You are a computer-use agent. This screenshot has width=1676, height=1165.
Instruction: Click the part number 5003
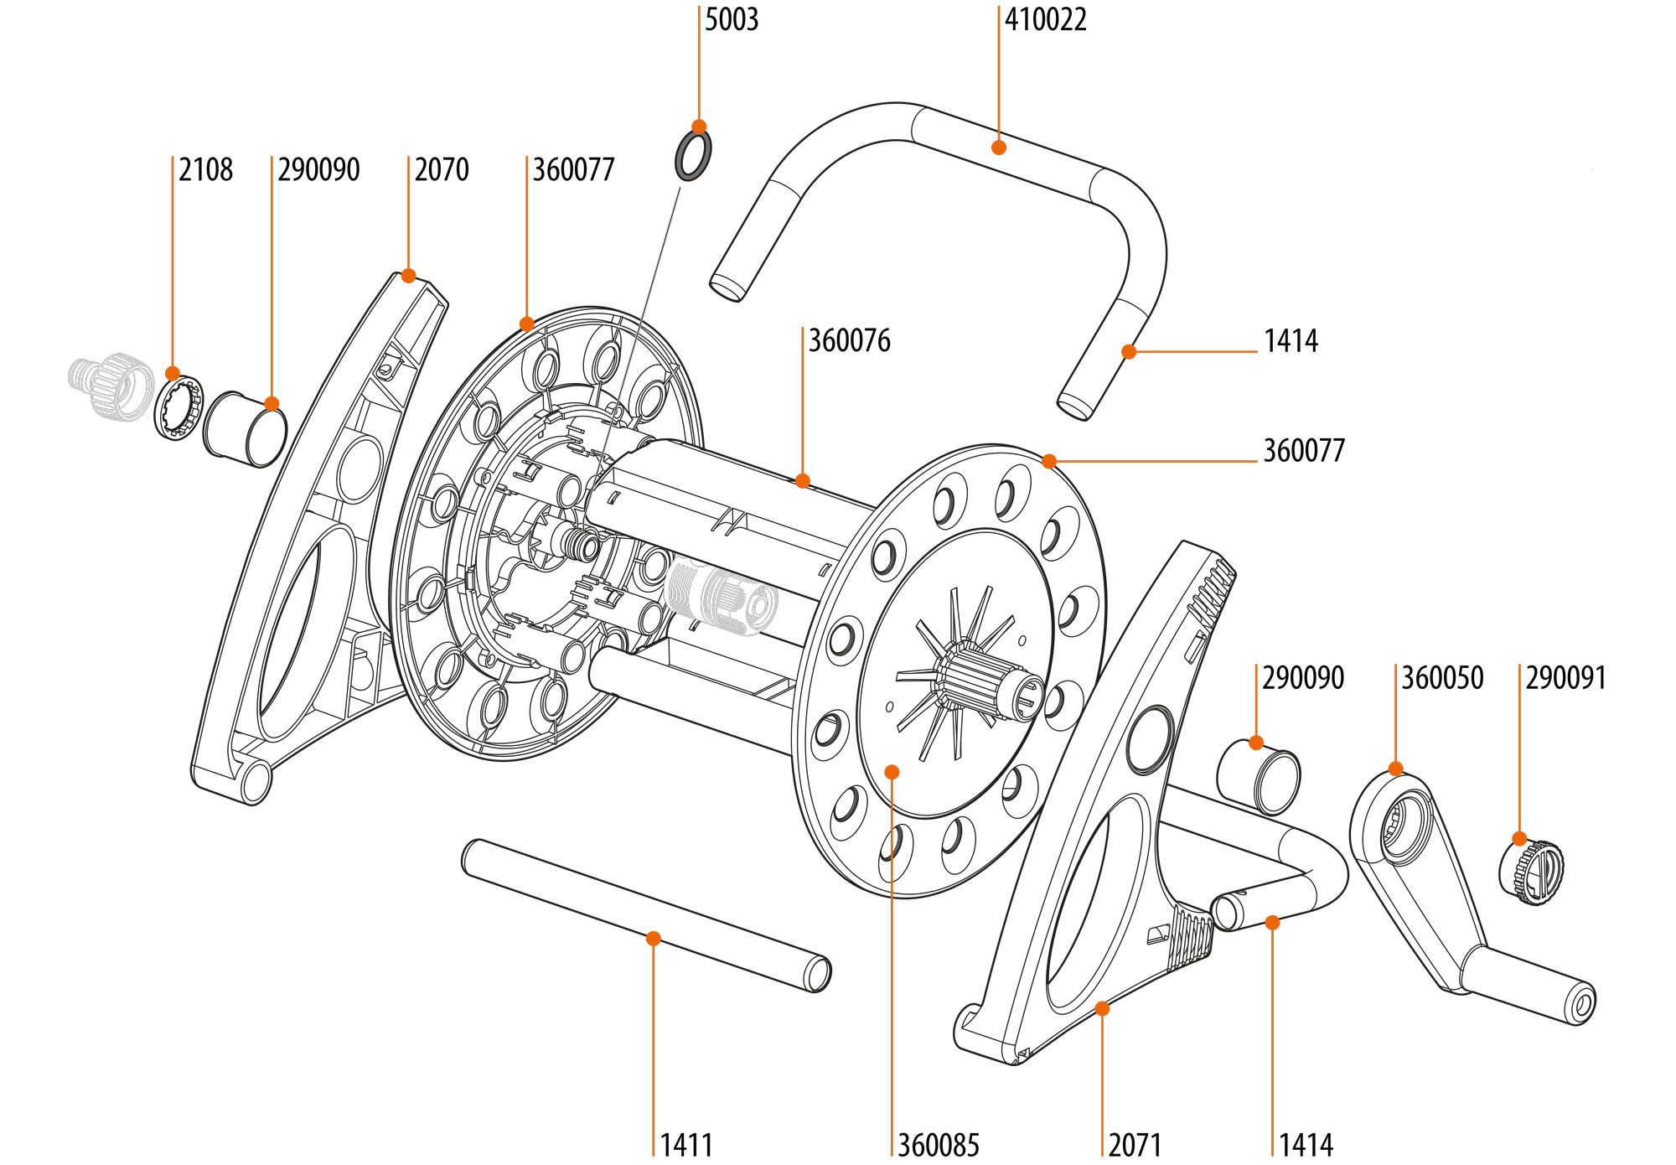[x=731, y=19]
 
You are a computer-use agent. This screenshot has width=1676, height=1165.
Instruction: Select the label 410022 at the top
[x=1045, y=19]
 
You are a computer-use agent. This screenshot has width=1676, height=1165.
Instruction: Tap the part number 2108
[x=205, y=169]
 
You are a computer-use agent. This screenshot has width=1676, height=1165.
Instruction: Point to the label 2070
[x=442, y=169]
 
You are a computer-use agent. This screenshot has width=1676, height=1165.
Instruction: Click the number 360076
[x=849, y=341]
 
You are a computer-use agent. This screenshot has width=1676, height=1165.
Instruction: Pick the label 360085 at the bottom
[x=938, y=1145]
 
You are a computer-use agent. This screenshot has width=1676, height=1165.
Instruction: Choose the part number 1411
[x=686, y=1145]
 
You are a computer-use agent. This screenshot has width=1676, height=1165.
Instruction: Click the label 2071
[x=1135, y=1145]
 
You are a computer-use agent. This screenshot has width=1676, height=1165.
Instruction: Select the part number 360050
[x=1442, y=678]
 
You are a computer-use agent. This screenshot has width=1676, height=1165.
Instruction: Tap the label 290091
[x=1565, y=678]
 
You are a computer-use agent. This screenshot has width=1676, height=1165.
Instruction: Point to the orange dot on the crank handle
[x=1395, y=769]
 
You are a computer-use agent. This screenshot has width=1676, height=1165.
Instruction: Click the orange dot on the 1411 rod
[x=654, y=939]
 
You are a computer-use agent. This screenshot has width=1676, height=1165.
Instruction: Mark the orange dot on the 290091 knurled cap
[x=1519, y=838]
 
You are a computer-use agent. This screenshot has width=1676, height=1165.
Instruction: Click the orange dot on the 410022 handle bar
[x=998, y=148]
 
